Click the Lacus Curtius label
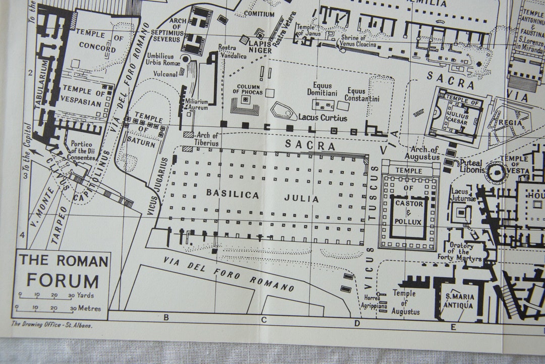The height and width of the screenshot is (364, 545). click(322, 118)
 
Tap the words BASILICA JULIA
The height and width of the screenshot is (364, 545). click(262, 196)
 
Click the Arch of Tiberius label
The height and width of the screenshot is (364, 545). click(207, 139)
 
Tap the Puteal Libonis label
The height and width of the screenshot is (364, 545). click(471, 167)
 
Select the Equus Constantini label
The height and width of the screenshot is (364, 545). click(362, 95)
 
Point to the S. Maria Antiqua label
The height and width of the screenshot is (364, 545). click(458, 300)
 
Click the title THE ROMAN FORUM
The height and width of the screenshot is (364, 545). click(63, 271)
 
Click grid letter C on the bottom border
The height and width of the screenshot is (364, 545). click(263, 319)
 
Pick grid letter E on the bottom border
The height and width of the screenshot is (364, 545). click(453, 327)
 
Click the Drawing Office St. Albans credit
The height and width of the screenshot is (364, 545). click(52, 325)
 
